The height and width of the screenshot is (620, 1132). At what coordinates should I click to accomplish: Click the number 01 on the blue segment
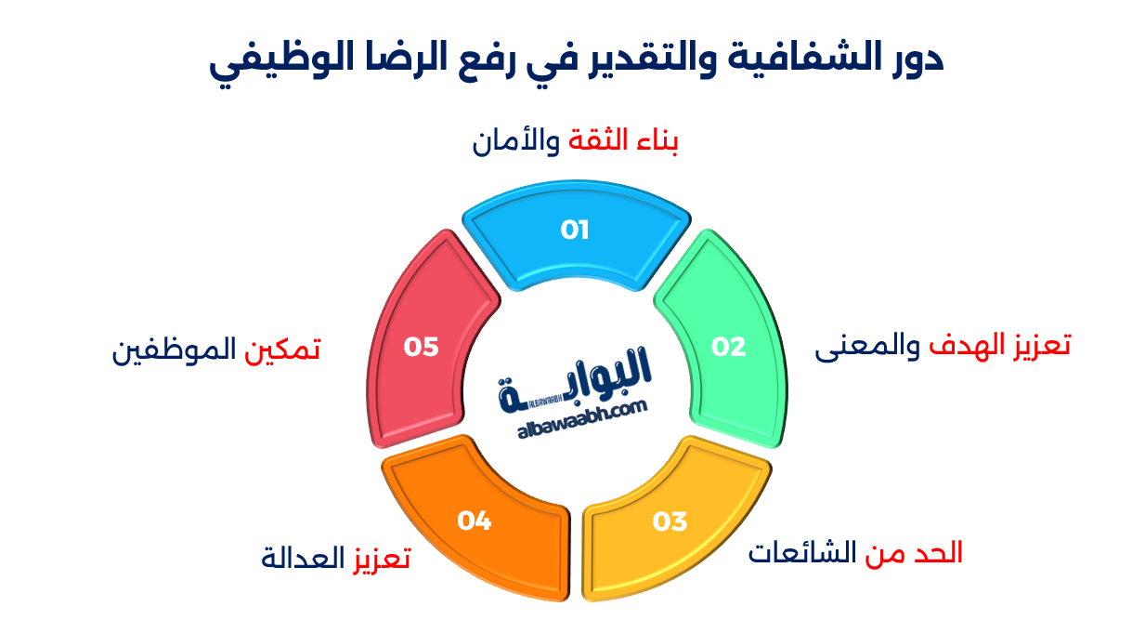click(575, 230)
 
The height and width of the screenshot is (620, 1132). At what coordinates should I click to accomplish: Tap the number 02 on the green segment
click(729, 347)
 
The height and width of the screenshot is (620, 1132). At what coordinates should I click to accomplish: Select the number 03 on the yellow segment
click(670, 521)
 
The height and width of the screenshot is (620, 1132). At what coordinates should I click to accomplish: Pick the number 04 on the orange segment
click(474, 521)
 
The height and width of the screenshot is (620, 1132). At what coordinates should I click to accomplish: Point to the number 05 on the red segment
click(421, 347)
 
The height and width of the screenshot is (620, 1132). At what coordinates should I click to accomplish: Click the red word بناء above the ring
click(656, 141)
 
